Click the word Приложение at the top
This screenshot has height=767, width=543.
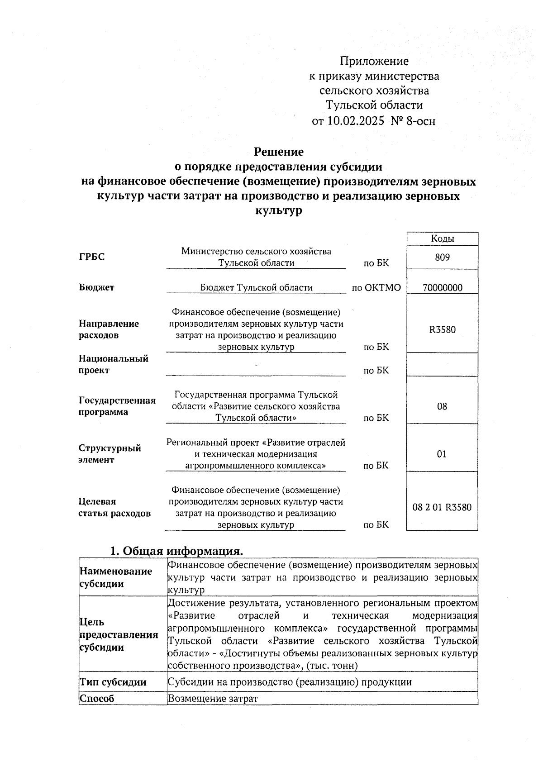point(374,61)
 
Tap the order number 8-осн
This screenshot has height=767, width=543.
point(421,121)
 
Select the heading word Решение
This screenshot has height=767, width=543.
point(278,152)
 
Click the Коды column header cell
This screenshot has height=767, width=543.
point(442,239)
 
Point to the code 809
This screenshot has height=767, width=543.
point(442,257)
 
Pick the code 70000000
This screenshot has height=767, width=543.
point(442,288)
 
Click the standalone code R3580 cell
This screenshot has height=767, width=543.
point(442,329)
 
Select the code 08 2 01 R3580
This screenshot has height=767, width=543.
point(442,507)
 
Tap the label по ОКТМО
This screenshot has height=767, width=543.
point(376,288)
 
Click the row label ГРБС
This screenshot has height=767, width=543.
point(92,257)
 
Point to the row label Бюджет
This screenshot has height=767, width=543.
point(97,287)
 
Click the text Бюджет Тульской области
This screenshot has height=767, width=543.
point(256,287)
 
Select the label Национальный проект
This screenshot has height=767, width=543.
point(114,364)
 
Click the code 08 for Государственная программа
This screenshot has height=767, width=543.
point(442,406)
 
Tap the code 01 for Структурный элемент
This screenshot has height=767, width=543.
point(442,454)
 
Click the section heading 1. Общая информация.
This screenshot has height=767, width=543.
point(177,551)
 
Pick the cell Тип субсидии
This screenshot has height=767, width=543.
point(113,682)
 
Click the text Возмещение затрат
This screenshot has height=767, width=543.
point(213,699)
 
